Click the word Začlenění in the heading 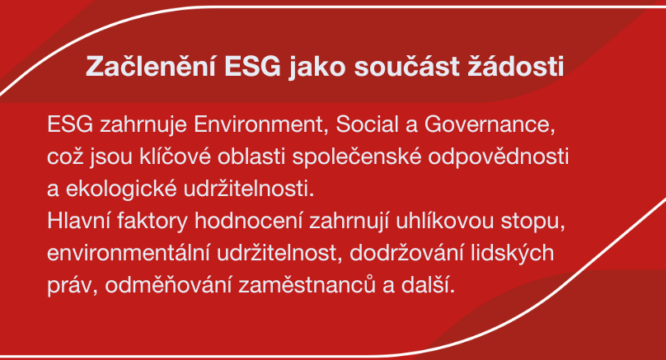point(151,66)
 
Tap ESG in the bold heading point(252,67)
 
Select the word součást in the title point(407,66)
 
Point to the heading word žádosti point(516,66)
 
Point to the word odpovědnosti point(498,158)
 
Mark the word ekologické point(120,189)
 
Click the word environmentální point(129,253)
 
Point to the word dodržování point(406,253)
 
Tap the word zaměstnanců point(307,285)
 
